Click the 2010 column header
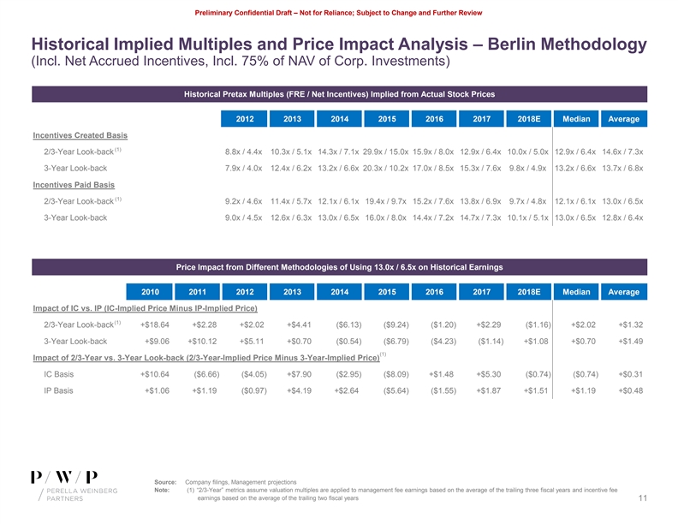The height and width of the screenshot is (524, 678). pos(151,292)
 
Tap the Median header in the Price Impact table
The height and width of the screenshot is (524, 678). pos(577,292)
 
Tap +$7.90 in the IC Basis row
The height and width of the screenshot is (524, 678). pos(298,374)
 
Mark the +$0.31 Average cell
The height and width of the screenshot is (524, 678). pos(630,374)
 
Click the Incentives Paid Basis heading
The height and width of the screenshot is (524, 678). pos(73,184)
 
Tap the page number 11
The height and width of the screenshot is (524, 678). pos(641,498)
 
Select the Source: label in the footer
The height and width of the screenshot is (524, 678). pos(166,482)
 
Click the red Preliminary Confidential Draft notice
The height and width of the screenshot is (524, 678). pos(339,12)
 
